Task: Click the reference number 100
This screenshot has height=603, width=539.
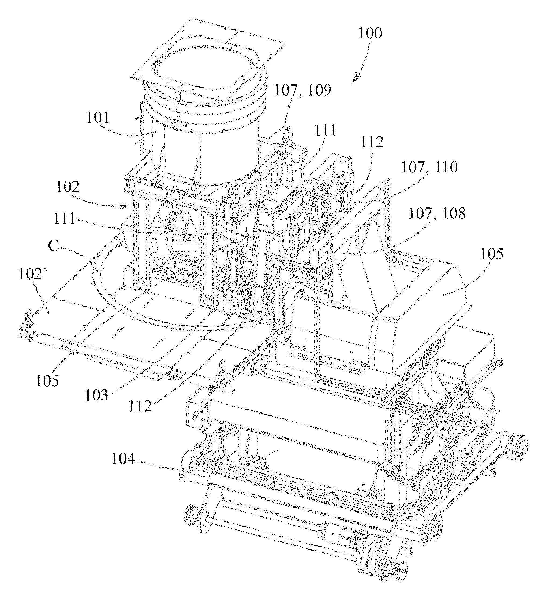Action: pos(370,33)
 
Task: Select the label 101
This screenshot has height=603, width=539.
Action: pos(98,118)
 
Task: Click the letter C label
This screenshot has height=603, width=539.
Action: pos(53,245)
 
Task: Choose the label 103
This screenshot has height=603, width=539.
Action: pos(97,395)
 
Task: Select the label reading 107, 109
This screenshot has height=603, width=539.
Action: pos(303,91)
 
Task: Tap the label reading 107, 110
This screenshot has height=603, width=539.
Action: pos(429,167)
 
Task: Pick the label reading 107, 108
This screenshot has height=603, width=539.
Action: pos(437,213)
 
